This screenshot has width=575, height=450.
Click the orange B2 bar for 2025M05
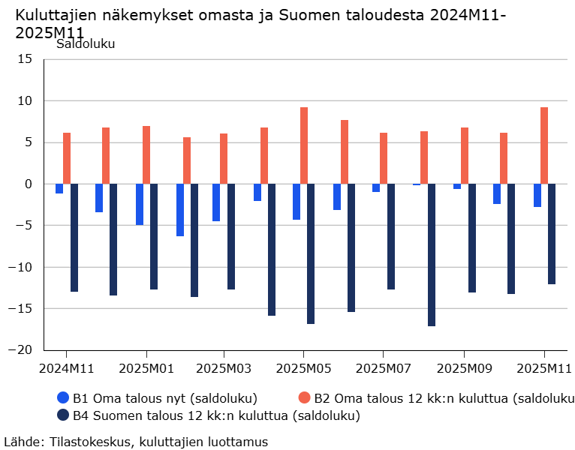(x=304, y=145)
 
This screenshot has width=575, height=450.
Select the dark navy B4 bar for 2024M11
(x=74, y=238)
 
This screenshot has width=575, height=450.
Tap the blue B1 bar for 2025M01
(x=140, y=204)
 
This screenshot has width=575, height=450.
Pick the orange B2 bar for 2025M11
(x=544, y=145)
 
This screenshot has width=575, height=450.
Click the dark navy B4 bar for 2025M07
(x=391, y=236)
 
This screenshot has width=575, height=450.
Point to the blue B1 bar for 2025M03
(x=216, y=202)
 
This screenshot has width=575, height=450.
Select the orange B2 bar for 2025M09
(x=465, y=155)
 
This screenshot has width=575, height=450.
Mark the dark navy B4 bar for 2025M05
(x=311, y=253)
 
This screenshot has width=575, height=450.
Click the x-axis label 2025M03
(x=224, y=369)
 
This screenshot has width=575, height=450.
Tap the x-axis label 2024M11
(x=66, y=369)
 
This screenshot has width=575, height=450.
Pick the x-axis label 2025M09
(x=463, y=369)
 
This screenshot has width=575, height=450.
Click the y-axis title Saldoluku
(x=86, y=43)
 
